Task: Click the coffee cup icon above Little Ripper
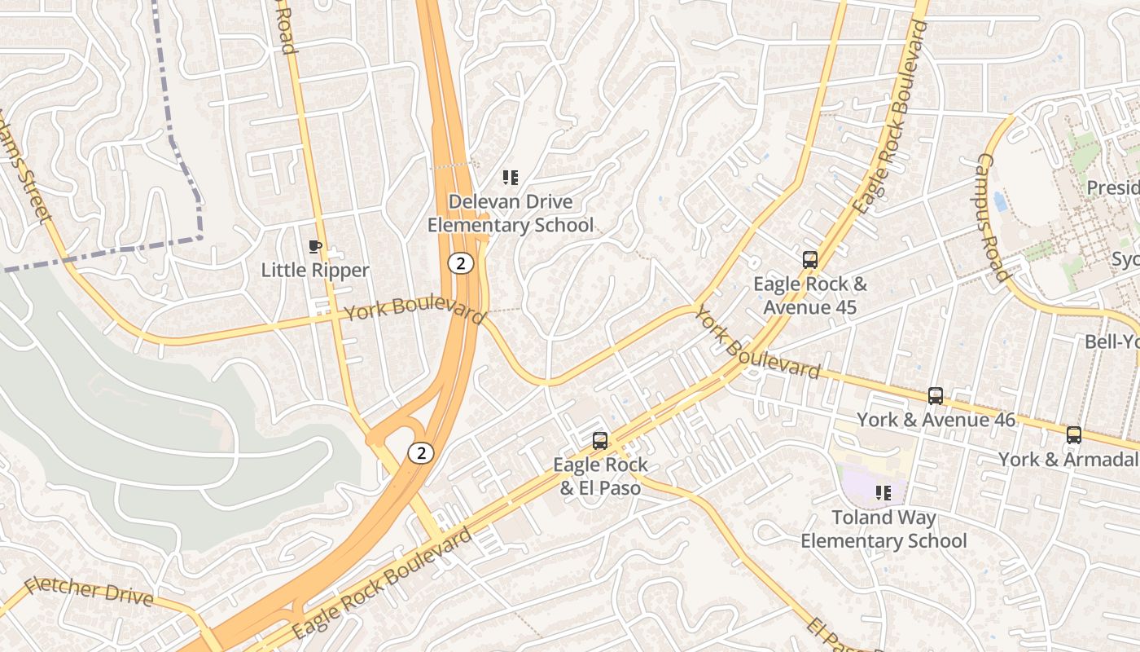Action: point(315,246)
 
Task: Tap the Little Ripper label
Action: point(315,270)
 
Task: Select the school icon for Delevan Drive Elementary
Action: point(511,178)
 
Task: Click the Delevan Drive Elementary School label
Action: point(511,214)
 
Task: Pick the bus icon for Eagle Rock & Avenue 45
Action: point(810,260)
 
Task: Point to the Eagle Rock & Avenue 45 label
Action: point(810,296)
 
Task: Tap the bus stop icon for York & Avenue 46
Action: point(936,396)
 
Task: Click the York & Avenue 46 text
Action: point(936,420)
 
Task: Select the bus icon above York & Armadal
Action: point(1074,435)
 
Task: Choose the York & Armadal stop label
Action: point(1068,459)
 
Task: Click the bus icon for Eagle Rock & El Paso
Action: point(600,441)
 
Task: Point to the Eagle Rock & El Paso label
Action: point(600,476)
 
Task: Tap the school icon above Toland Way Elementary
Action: point(883,492)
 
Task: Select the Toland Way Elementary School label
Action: point(883,529)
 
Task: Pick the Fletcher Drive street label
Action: point(89,592)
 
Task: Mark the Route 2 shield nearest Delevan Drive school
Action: point(461,263)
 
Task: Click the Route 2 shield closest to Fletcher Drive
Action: point(421,453)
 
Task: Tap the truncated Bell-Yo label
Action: point(1111,341)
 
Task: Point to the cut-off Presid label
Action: point(1112,188)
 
